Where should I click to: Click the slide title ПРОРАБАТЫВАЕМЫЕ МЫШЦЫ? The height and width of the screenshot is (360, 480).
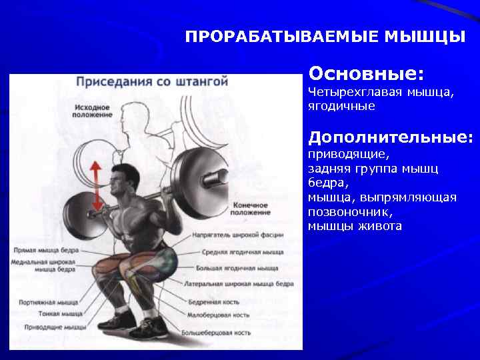325,36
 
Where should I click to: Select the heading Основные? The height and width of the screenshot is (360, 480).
366,71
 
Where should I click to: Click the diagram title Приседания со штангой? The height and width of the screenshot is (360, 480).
152,82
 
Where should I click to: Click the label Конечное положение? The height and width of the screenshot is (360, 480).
251,209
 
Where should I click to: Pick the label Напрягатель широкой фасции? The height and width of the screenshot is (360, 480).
238,235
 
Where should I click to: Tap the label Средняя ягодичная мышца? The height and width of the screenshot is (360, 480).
243,252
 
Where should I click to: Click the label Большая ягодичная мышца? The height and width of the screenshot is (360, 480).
237,268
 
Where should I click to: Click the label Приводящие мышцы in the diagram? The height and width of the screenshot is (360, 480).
55,327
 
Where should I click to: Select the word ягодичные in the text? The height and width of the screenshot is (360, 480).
341,105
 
